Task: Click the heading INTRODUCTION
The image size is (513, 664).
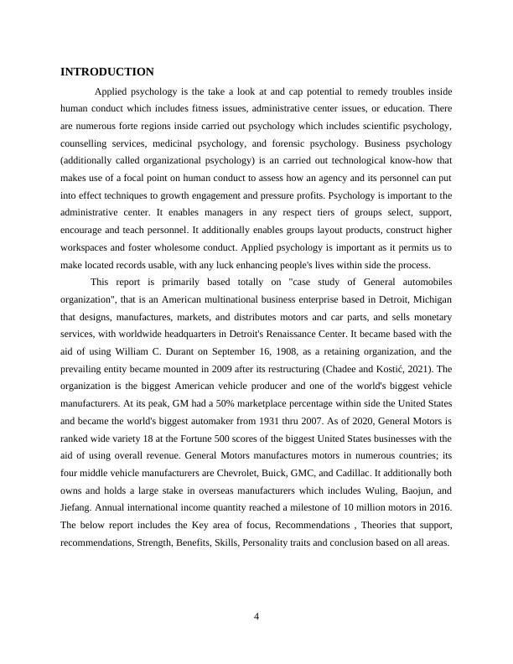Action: pyautogui.click(x=107, y=72)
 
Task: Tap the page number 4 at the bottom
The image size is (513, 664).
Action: pyautogui.click(x=257, y=618)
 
